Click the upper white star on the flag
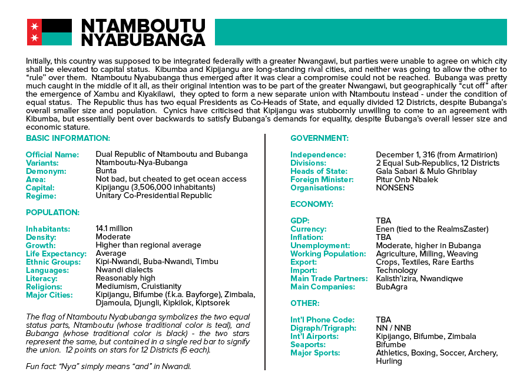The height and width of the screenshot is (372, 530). coord(34,25)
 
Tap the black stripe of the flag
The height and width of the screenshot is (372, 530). coord(56,25)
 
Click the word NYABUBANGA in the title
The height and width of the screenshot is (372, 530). coord(143,39)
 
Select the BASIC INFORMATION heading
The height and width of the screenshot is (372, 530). coord(68,138)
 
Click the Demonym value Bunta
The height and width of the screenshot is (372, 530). coord(107,171)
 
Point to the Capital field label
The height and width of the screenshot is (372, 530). coord(41,187)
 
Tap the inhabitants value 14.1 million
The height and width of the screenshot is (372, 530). coord(114,229)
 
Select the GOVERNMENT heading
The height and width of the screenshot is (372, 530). coord(319,138)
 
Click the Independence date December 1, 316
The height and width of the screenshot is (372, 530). coord(436,154)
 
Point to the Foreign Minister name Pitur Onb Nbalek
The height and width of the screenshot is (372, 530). coord(407,179)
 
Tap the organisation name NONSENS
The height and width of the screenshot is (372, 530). coord(395,187)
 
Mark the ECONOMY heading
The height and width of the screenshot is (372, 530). coord(312,204)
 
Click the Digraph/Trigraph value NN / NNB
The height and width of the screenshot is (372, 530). coord(393,328)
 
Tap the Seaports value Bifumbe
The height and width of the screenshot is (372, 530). coord(391,344)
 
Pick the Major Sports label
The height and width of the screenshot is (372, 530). coord(315,353)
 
